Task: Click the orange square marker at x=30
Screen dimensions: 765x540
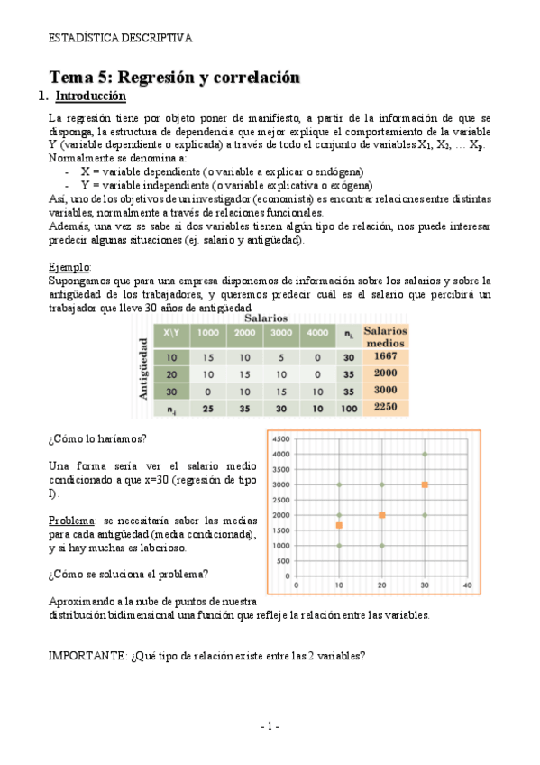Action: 425,485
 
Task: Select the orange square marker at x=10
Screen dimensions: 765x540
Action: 339,525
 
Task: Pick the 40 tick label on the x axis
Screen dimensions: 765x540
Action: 466,585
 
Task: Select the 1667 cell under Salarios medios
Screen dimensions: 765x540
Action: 385,355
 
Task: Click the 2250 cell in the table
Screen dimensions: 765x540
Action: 385,408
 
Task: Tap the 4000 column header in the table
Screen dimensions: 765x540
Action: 317,334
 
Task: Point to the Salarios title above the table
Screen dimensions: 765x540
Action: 264,318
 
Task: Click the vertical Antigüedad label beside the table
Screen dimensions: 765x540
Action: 143,368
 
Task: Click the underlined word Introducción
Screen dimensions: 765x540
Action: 91,97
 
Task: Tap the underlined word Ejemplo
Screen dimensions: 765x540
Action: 69,268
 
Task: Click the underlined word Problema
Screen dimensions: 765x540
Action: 71,521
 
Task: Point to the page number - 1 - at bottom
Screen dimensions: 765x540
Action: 270,726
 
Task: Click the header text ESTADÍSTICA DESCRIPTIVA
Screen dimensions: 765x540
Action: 120,38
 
